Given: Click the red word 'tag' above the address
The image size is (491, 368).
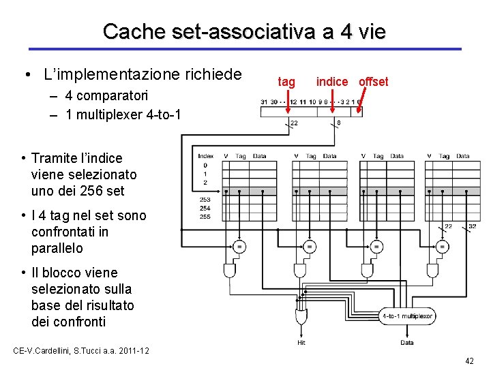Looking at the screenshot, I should [286, 82].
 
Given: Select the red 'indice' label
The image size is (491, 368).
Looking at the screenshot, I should [332, 82].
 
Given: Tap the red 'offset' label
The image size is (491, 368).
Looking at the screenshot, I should [373, 82].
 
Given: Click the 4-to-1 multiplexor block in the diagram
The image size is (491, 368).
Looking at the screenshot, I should [408, 316].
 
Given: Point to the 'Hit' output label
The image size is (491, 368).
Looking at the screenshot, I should [301, 343].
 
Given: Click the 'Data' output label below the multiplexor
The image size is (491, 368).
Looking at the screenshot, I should [407, 343].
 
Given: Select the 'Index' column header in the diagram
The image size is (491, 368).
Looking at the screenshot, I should [205, 156].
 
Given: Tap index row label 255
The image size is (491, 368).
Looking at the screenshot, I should [205, 217].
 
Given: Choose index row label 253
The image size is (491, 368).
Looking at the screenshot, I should [205, 200].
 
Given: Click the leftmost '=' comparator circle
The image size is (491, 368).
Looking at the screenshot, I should [239, 245].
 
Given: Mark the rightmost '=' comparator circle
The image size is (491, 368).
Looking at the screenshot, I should [443, 245].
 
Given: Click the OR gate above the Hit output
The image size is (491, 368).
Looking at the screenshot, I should [301, 317].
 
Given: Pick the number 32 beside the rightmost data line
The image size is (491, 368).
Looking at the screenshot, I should [472, 226].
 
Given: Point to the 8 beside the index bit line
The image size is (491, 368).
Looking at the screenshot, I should [339, 123].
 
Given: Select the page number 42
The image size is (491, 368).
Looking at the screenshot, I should [468, 361].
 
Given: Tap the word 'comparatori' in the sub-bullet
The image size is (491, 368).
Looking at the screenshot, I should [110, 96].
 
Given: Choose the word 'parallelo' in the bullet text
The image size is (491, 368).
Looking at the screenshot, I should [57, 248].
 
